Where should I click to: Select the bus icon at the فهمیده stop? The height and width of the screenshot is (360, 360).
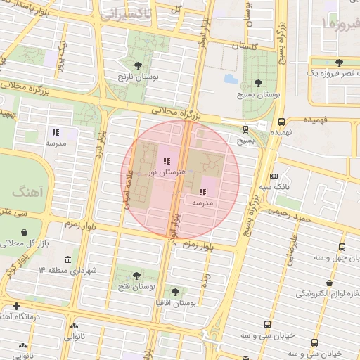point(281,121)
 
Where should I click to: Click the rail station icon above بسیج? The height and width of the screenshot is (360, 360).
point(245,129)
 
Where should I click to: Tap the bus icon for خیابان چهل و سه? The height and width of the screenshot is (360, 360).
point(342,247)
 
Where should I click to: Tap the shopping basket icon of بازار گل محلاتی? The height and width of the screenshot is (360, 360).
point(25,232)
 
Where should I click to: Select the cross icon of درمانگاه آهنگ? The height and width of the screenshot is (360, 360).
point(15,307)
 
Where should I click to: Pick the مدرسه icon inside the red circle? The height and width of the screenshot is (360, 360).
point(202,192)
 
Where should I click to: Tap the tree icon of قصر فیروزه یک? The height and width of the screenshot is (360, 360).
point(339,63)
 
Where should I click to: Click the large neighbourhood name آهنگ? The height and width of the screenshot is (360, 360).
point(27,191)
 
